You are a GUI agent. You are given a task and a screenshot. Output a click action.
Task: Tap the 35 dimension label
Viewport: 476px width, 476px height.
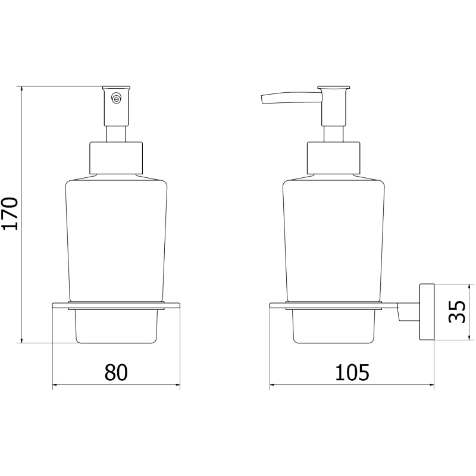tap(456, 311)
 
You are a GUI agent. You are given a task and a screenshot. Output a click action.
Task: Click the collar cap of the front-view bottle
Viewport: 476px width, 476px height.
tap(116, 158)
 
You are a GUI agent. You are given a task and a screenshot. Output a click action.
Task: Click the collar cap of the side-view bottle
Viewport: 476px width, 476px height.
tap(334, 158)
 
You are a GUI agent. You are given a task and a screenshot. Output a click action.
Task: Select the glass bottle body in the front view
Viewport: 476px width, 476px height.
tap(116, 238)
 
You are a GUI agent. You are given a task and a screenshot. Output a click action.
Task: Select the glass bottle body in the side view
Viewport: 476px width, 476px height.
tap(334, 238)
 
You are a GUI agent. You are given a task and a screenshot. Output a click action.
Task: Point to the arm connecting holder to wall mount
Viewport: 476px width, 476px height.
tap(408, 314)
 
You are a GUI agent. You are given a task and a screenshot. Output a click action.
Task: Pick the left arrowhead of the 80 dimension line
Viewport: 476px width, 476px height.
tap(55, 386)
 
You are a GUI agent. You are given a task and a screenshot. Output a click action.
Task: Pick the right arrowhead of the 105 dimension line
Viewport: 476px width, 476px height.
tap(432, 386)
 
